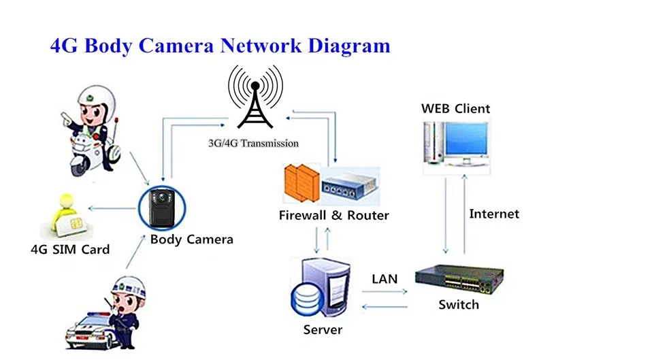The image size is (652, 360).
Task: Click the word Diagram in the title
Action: click(349, 46)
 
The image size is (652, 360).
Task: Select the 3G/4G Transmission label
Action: click(253, 144)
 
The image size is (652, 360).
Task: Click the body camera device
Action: click(162, 208)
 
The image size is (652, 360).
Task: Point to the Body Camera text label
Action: click(192, 240)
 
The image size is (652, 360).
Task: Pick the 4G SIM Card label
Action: click(70, 250)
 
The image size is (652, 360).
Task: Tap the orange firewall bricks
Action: click(301, 183)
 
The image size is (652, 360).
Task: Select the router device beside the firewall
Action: click(350, 185)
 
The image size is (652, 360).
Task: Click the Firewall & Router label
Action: click(334, 215)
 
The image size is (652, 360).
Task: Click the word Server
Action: click(323, 329)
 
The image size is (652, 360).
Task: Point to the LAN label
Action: click(385, 279)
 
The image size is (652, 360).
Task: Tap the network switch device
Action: click(459, 279)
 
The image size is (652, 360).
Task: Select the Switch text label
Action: click(459, 305)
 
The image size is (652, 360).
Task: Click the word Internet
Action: click(494, 214)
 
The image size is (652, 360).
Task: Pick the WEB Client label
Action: click(456, 109)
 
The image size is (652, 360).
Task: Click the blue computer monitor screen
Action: click(466, 140)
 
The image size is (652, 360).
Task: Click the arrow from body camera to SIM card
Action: click(113, 208)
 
